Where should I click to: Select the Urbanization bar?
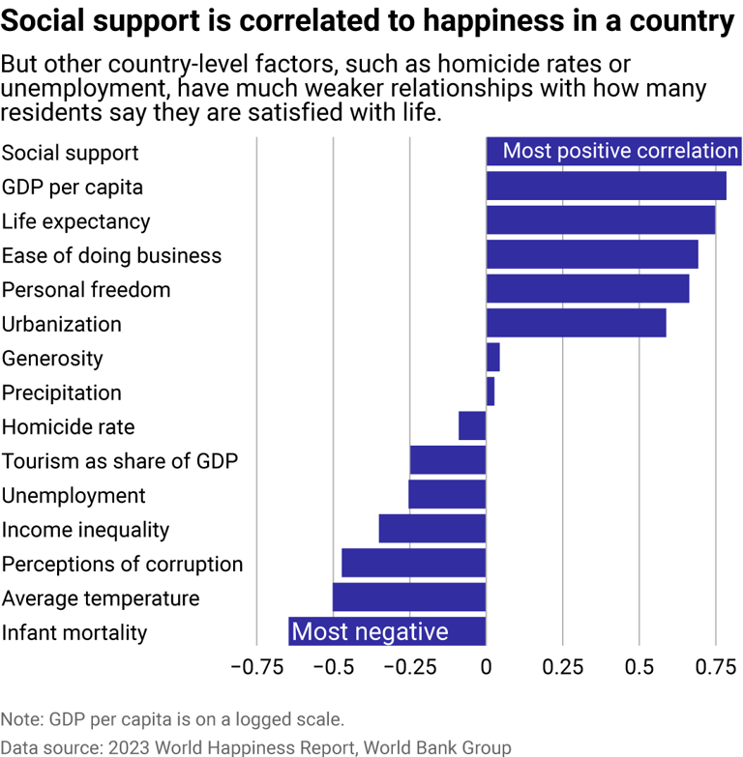click(x=576, y=324)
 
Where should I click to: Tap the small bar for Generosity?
click(x=492, y=358)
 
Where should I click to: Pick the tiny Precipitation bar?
click(x=490, y=393)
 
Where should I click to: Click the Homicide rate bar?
click(x=472, y=426)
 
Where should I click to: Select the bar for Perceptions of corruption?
click(x=413, y=564)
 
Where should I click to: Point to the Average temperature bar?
click(x=409, y=597)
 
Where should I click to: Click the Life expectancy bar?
click(x=600, y=220)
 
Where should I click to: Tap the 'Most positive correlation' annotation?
click(x=620, y=151)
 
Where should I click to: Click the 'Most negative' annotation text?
click(x=371, y=632)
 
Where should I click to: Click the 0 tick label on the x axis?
click(x=486, y=667)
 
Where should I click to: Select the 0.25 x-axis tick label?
click(x=562, y=667)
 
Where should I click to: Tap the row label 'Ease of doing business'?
click(x=111, y=255)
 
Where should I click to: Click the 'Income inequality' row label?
click(x=85, y=530)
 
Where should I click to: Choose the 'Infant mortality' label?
click(x=74, y=632)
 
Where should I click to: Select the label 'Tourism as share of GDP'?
click(x=120, y=461)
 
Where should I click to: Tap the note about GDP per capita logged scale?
click(x=172, y=719)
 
